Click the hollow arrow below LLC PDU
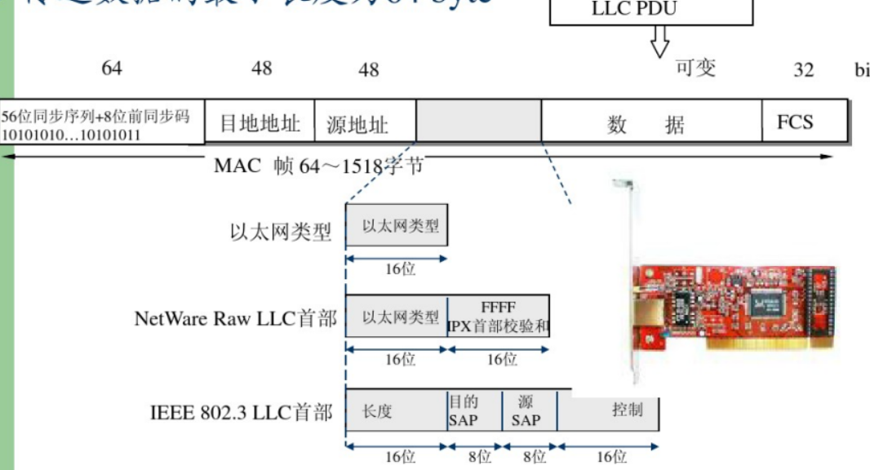click(x=659, y=41)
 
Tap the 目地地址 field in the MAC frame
click(x=260, y=123)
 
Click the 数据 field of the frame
click(x=650, y=124)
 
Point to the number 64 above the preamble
click(x=112, y=69)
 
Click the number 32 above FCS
click(x=804, y=69)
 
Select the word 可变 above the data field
click(x=695, y=68)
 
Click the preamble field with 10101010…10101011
click(x=102, y=124)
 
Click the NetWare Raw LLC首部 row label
click(x=235, y=318)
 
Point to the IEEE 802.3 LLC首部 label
click(x=242, y=413)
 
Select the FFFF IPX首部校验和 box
click(x=499, y=317)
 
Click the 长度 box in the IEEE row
click(x=397, y=410)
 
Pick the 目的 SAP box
click(x=474, y=410)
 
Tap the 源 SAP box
click(x=529, y=410)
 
